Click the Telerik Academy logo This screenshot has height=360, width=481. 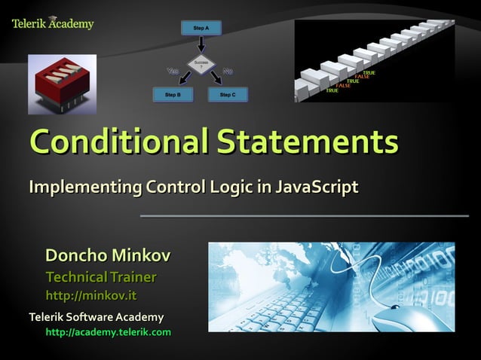coord(53,23)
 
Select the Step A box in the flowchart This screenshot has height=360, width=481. coord(201,28)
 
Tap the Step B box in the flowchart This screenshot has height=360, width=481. coord(173,95)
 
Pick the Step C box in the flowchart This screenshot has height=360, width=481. coord(228,95)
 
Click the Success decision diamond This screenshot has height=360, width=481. coord(201,64)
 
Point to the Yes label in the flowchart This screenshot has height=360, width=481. coord(172,72)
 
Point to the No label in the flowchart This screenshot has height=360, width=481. coord(228,72)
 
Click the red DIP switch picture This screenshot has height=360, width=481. coord(63,84)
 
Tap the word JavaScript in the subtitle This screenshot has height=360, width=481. coord(314,186)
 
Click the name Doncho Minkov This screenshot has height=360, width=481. coord(108,256)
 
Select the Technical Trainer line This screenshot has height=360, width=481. coord(101,276)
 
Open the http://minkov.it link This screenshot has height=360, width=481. coord(91,294)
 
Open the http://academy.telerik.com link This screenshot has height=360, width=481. coord(109,331)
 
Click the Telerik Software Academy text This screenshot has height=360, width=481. coord(96,316)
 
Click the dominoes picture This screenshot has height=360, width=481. coord(375,60)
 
